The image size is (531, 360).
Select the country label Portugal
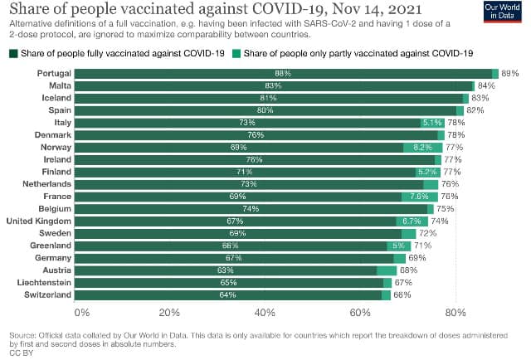pyautogui.click(x=53, y=73)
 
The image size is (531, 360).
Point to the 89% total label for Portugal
pyautogui.click(x=509, y=73)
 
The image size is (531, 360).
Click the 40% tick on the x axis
pyautogui.click(x=265, y=313)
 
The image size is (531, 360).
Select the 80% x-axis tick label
pyautogui.click(x=454, y=313)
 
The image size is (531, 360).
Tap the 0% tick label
pyautogui.click(x=81, y=313)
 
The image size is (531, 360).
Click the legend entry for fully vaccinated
pyautogui.click(x=116, y=54)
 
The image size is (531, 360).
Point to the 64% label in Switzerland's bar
pyautogui.click(x=228, y=294)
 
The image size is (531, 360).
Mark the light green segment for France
pyautogui.click(x=419, y=197)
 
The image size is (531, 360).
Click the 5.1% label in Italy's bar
pyautogui.click(x=431, y=123)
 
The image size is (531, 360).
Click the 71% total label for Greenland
pyautogui.click(x=422, y=246)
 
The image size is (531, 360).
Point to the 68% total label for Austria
pyautogui.click(x=408, y=270)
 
